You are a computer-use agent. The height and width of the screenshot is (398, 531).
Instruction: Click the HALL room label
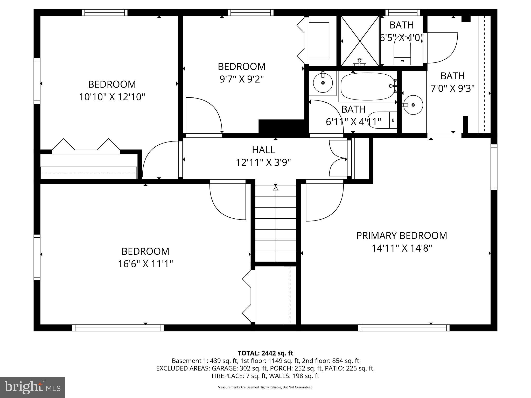pos(263,150)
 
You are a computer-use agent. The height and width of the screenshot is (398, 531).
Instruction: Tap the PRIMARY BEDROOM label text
pos(401,236)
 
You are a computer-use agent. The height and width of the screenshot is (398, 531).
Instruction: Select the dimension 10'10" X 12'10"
pos(112,97)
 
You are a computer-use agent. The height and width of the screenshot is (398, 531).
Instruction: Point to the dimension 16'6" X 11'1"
pos(145,264)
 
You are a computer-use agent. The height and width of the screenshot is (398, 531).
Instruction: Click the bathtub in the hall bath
pos(367,86)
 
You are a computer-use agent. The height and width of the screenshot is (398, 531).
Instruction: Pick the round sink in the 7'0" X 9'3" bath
pos(413,105)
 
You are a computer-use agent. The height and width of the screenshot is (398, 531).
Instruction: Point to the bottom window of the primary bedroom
pos(404,328)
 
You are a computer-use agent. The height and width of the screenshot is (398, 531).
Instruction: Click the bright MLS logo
pos(32,387)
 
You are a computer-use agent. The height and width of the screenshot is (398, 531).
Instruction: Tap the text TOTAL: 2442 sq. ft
pos(265,353)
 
